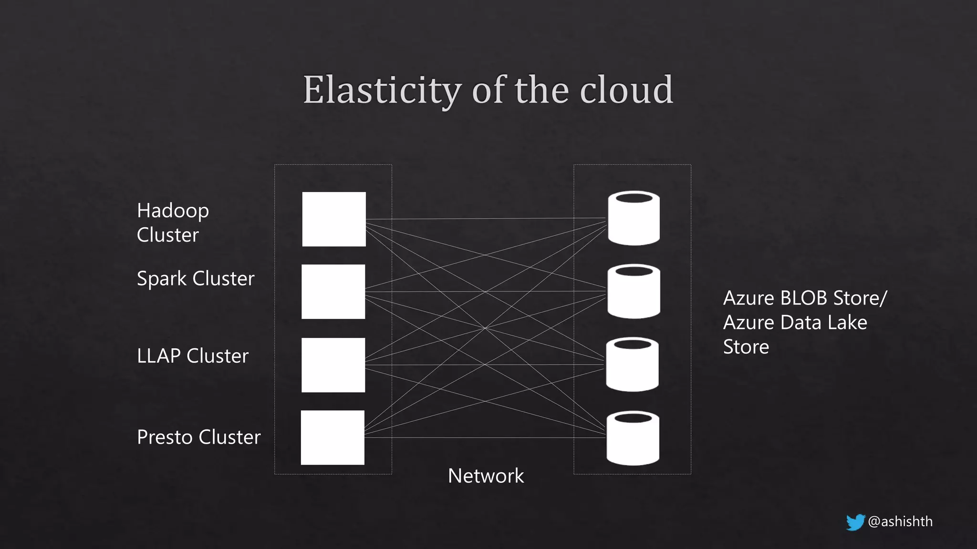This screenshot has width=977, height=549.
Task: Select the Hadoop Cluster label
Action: tap(172, 223)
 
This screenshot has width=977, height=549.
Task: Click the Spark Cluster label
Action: tap(196, 278)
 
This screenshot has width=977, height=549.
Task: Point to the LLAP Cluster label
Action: tap(192, 356)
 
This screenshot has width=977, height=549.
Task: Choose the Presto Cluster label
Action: tap(198, 437)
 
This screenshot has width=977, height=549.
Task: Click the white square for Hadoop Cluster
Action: tap(334, 219)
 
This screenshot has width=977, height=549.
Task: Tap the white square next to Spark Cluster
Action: tap(333, 292)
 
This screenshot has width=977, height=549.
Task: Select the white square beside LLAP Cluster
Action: tap(333, 365)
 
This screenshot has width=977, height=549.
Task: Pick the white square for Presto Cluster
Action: tap(333, 437)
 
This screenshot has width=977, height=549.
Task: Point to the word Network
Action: tap(486, 476)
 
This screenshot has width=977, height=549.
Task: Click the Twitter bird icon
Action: tap(855, 522)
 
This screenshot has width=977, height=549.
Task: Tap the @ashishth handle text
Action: tap(900, 521)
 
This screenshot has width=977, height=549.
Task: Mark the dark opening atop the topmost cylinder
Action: tap(634, 197)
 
